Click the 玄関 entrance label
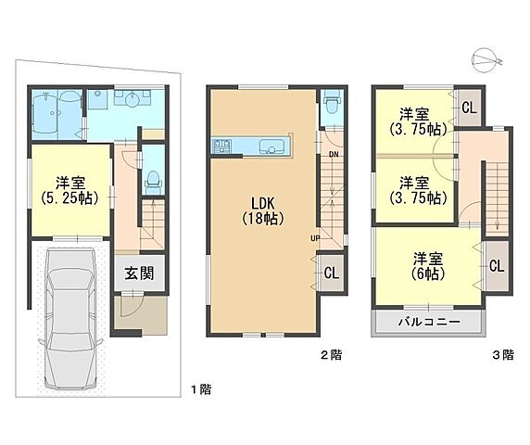139,273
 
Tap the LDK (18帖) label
262,211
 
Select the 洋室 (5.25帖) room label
70,190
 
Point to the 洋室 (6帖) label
428,266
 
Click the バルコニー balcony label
429,322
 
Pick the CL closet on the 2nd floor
332,273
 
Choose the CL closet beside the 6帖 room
497,266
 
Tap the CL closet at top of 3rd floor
469,108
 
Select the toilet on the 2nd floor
330,101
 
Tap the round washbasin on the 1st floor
131,100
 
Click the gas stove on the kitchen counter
221,146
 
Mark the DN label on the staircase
334,155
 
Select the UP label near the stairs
315,238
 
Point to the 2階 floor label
332,355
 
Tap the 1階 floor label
201,389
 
